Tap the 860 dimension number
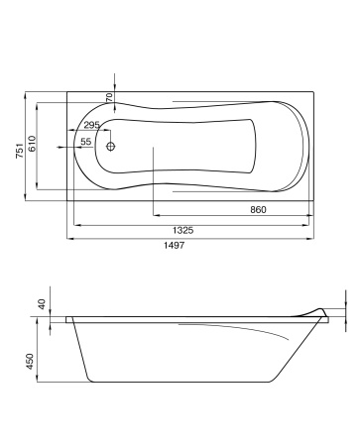(258, 210)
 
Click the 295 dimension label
(91, 125)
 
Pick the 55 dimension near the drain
(86, 143)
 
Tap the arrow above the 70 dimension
(116, 82)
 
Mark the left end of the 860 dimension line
(153, 216)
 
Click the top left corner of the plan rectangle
(67, 95)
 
